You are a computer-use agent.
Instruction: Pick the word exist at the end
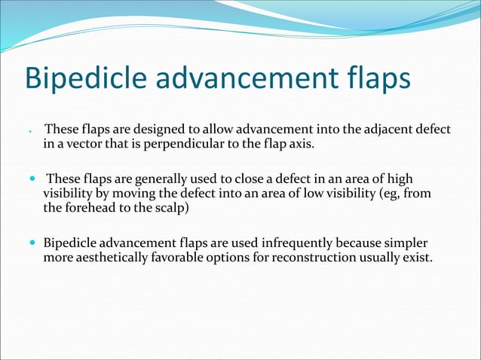[x=417, y=258]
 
